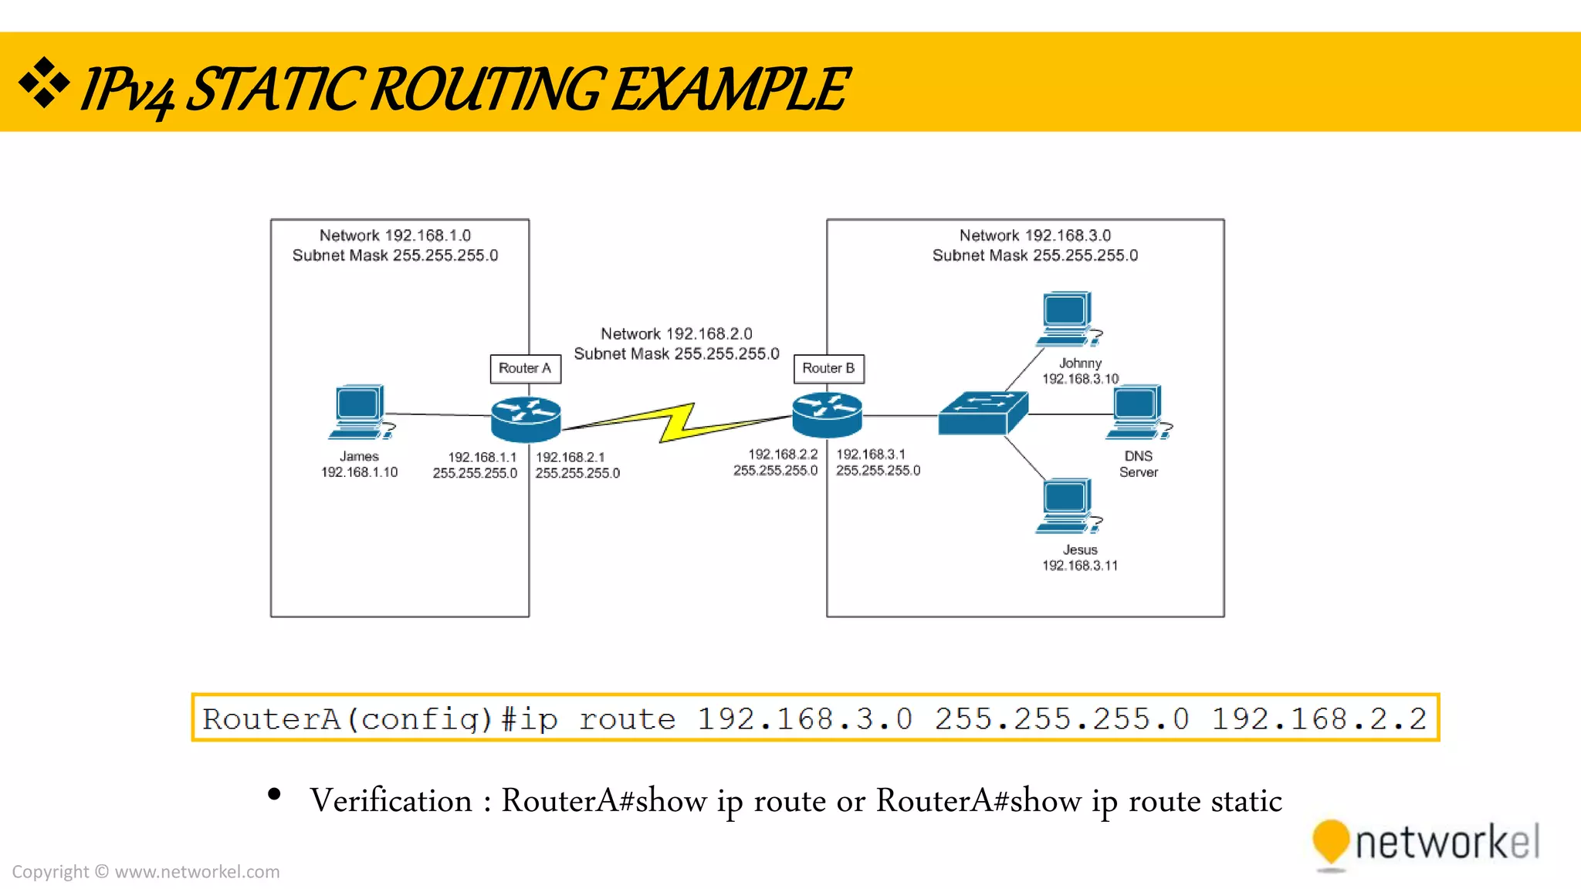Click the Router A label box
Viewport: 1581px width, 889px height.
(525, 369)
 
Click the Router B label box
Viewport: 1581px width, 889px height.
(828, 369)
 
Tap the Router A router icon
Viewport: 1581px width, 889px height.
(526, 419)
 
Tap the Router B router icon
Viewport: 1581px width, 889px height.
(827, 414)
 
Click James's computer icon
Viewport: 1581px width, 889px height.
(361, 412)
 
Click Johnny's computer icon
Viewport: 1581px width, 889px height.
(1068, 318)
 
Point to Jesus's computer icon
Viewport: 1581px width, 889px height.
(1068, 505)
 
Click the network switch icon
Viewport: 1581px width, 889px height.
(983, 414)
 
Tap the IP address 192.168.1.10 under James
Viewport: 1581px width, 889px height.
(360, 472)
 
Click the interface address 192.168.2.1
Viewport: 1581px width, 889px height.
(570, 457)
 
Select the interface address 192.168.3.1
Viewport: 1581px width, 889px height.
(871, 455)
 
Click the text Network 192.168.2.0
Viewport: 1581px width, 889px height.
(676, 333)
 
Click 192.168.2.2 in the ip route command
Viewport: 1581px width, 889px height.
(1319, 718)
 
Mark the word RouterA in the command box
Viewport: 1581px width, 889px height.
(271, 718)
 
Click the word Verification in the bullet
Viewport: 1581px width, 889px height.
(391, 800)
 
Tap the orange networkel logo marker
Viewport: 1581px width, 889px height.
(1330, 843)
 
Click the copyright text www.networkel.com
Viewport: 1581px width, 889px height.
(197, 871)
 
